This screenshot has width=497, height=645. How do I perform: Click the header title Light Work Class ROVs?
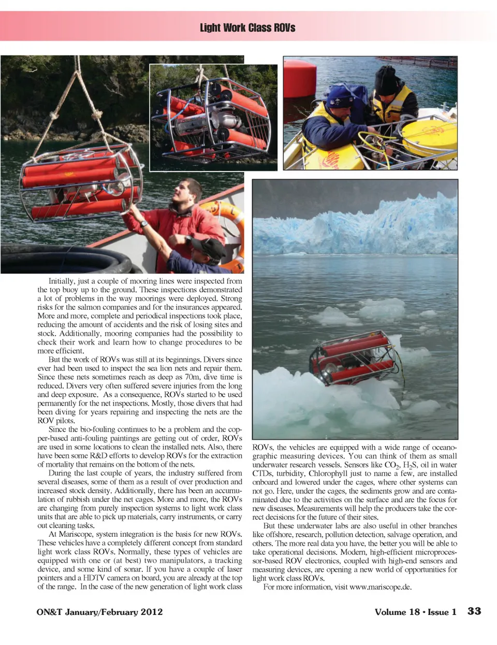(x=247, y=27)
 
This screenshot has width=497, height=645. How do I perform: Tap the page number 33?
(x=474, y=611)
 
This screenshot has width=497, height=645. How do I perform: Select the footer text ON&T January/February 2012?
(x=99, y=612)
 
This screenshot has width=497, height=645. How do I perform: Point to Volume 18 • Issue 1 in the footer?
(x=415, y=612)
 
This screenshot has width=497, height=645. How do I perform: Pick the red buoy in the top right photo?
(x=300, y=78)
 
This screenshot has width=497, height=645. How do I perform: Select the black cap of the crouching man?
(x=209, y=247)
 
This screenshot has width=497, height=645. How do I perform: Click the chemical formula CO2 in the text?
(x=392, y=465)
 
